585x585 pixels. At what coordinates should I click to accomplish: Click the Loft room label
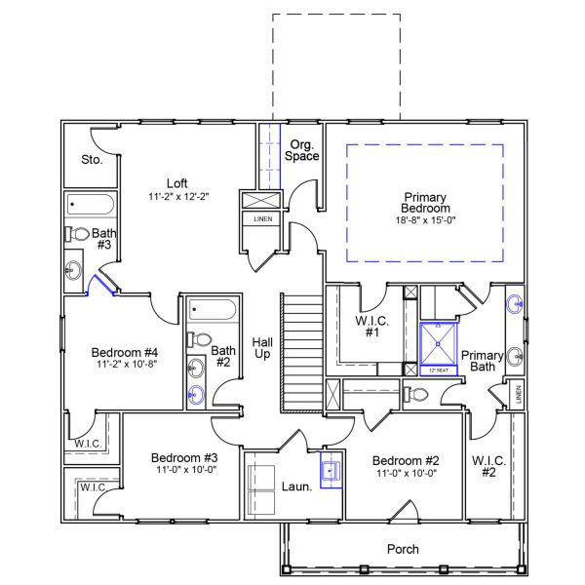tap(176, 182)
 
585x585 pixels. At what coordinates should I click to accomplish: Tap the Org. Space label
tap(300, 149)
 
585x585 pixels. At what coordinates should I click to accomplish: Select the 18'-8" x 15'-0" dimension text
tap(425, 221)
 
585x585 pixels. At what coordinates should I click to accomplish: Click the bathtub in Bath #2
tap(211, 312)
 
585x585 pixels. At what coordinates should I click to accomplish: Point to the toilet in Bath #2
tap(200, 340)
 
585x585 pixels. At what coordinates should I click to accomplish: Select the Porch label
tap(403, 550)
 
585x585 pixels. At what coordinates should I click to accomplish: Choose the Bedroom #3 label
tap(184, 457)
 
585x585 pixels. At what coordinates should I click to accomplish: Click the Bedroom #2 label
tap(403, 459)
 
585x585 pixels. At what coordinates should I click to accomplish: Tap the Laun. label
tap(296, 485)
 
